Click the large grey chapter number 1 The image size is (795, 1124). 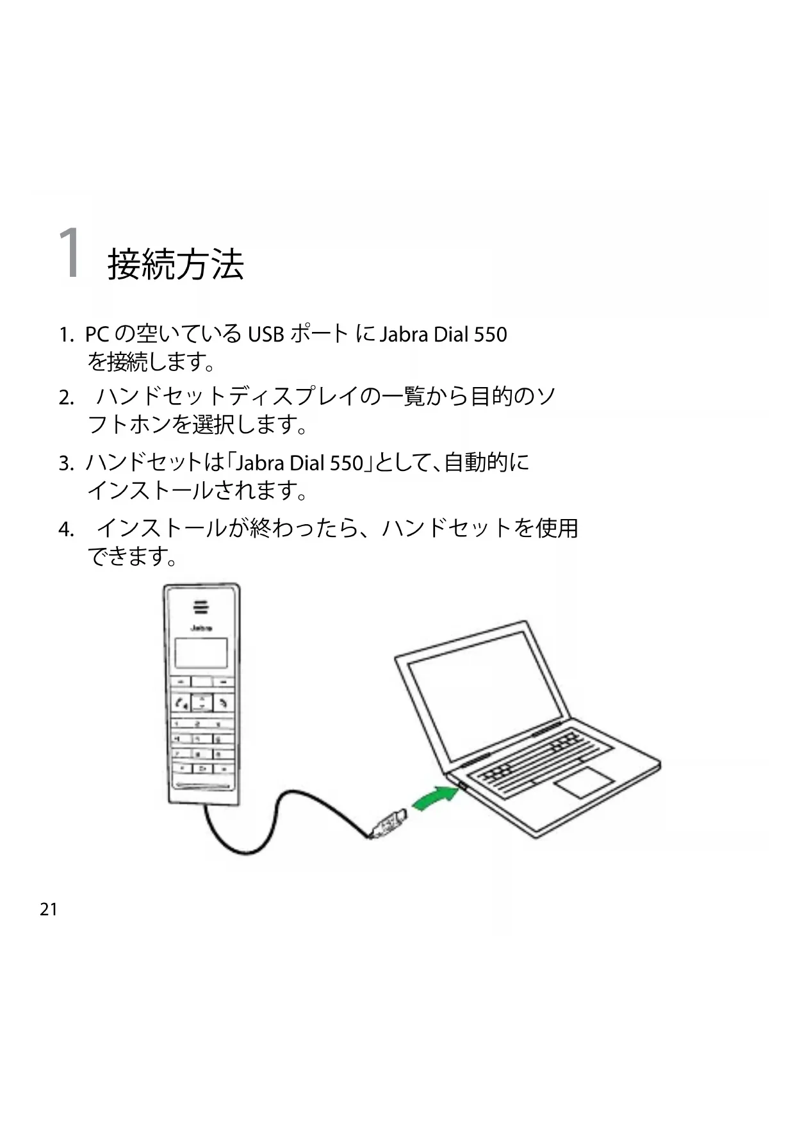tap(70, 254)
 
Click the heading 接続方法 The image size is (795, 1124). tap(176, 264)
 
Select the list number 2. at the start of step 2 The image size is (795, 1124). tap(66, 398)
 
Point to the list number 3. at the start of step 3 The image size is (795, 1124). tap(66, 463)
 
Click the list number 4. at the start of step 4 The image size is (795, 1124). tap(66, 530)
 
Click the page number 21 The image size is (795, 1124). tap(49, 909)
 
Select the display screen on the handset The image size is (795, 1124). tap(201, 653)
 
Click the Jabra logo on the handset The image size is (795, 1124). tap(201, 628)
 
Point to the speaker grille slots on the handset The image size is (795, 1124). tap(201, 607)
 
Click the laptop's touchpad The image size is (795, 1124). tap(583, 781)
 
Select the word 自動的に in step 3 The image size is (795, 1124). tap(487, 462)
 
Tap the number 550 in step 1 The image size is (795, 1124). tap(489, 335)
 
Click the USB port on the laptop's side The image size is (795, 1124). tap(462, 784)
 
